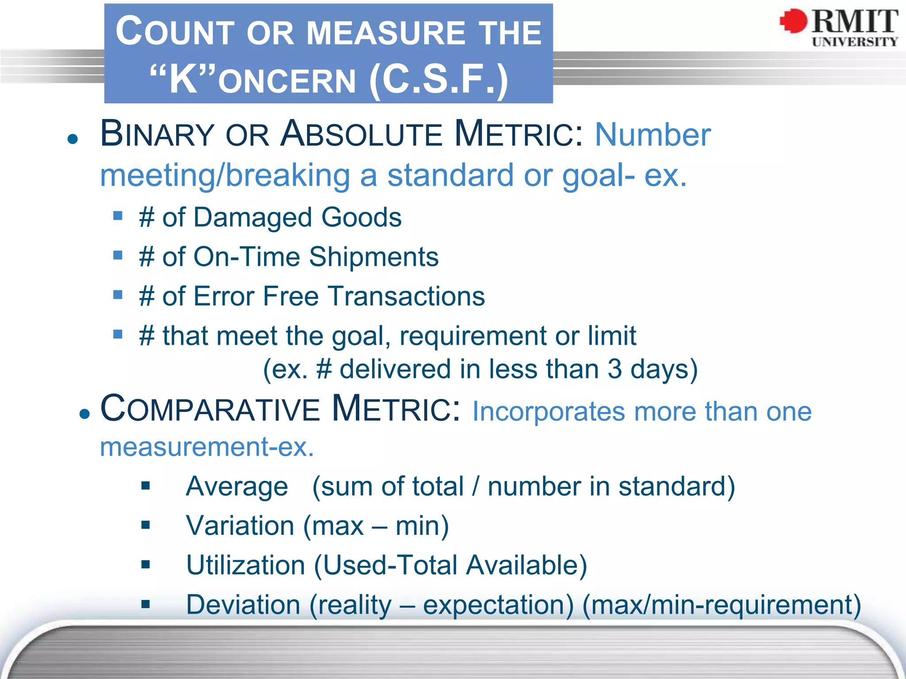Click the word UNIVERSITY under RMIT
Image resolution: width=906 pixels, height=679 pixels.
(855, 42)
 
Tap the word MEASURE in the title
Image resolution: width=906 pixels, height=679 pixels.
(386, 33)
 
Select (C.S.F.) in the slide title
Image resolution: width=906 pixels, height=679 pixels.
(438, 80)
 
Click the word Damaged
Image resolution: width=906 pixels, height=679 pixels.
(252, 217)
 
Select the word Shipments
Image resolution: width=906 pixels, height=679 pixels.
(373, 257)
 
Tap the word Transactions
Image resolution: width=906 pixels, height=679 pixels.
(406, 296)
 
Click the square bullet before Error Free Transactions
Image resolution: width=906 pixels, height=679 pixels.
(118, 294)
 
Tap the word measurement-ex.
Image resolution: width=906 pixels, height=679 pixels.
(207, 447)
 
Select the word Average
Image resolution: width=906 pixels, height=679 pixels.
(237, 486)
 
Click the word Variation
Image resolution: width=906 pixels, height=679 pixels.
(240, 526)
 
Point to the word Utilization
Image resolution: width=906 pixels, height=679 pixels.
(246, 565)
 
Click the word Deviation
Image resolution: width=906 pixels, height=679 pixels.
(243, 604)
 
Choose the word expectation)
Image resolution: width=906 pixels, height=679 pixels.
(498, 604)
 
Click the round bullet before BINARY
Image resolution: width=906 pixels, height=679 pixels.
(73, 139)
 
